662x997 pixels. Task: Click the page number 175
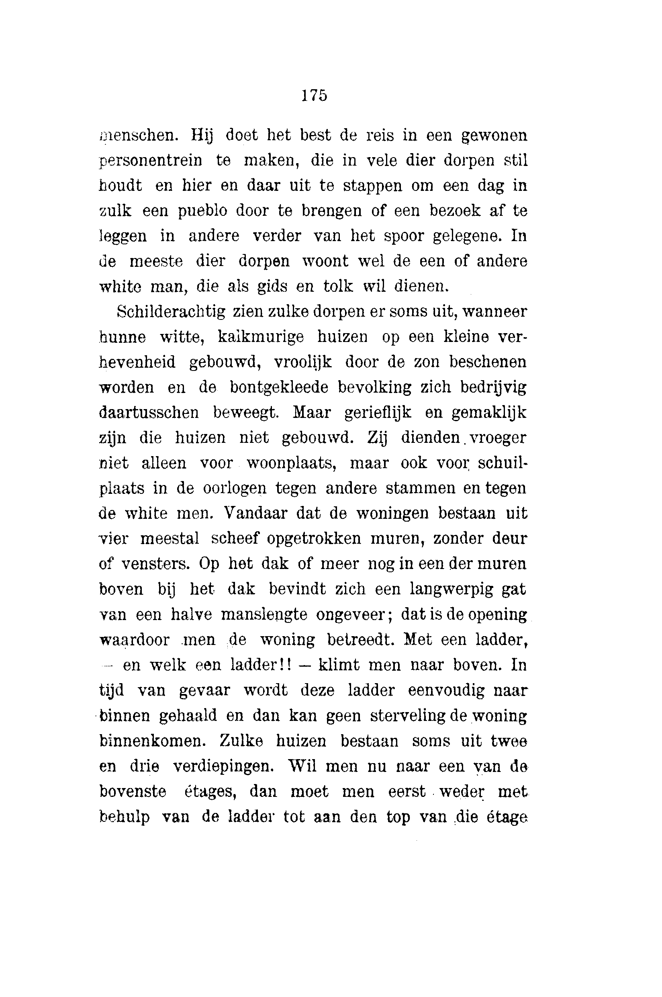(314, 95)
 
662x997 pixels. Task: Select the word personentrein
(151, 161)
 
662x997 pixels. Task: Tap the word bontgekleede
(279, 387)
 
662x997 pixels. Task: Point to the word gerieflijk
(378, 413)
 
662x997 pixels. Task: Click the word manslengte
(264, 614)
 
